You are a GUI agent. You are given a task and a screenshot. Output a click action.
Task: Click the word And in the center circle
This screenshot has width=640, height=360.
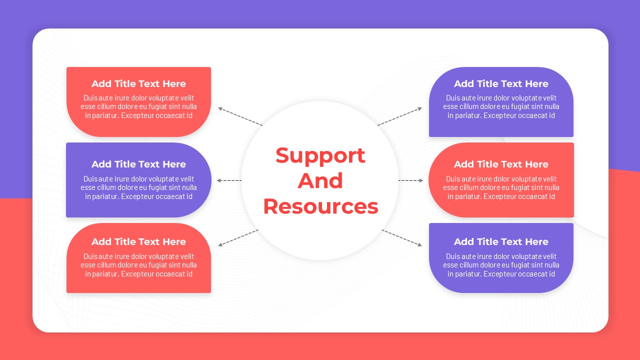320,180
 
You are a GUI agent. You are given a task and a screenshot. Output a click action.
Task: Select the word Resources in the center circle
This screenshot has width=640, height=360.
320,206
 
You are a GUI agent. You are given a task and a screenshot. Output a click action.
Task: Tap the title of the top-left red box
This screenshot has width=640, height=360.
138,83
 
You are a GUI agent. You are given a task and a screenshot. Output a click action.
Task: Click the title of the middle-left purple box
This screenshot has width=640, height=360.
138,164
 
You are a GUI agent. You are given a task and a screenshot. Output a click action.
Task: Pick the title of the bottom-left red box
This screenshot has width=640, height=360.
138,241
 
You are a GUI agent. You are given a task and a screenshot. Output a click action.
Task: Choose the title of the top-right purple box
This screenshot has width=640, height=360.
501,83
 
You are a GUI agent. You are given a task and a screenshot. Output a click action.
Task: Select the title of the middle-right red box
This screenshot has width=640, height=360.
501,164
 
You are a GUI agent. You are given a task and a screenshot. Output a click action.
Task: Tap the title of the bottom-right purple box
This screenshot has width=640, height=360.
501,241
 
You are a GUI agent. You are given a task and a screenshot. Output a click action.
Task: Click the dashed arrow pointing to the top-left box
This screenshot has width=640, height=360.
240,116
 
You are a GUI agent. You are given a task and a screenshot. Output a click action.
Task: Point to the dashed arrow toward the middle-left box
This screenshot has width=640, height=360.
229,180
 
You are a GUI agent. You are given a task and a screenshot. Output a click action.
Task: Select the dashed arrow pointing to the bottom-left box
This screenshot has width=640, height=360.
238,237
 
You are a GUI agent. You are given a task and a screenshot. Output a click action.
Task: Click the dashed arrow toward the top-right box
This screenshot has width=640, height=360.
399,116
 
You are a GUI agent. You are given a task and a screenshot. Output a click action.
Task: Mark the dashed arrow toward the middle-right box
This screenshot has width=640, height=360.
411,180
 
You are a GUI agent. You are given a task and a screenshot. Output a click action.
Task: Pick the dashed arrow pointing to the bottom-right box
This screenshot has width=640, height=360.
402,237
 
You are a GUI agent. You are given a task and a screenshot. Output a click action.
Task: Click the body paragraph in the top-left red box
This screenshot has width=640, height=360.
138,106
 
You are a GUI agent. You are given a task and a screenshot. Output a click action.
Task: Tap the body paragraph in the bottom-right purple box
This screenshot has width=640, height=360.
501,265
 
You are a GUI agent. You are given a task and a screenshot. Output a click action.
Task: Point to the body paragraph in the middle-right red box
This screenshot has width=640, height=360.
501,187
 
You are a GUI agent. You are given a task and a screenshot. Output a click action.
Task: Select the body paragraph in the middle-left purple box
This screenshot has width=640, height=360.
138,187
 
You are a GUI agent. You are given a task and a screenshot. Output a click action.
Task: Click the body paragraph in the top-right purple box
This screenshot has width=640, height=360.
501,106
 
